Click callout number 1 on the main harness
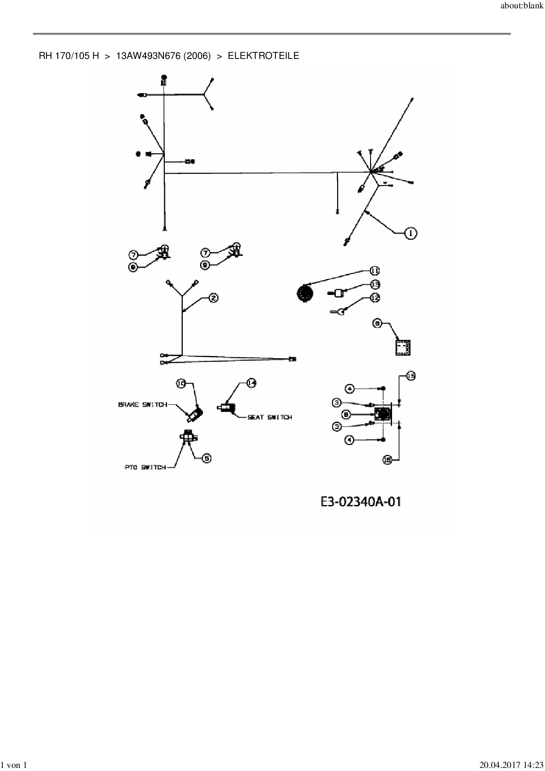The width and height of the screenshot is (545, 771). pyautogui.click(x=411, y=233)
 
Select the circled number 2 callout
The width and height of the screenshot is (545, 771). pyautogui.click(x=213, y=298)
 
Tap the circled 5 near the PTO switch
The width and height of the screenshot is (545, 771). pyautogui.click(x=206, y=458)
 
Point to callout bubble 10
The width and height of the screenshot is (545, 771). pyautogui.click(x=181, y=383)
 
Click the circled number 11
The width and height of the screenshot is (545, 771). pyautogui.click(x=374, y=270)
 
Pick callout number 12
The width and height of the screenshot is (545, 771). pyautogui.click(x=374, y=298)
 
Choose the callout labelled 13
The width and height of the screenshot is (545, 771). pyautogui.click(x=374, y=284)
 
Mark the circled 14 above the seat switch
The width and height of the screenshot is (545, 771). pyautogui.click(x=251, y=383)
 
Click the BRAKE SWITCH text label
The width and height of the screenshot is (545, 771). pyautogui.click(x=142, y=404)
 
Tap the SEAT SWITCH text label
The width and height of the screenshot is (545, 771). pyautogui.click(x=269, y=417)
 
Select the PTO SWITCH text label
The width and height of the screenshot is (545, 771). pyautogui.click(x=145, y=467)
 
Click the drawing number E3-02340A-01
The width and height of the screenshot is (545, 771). pyautogui.click(x=361, y=502)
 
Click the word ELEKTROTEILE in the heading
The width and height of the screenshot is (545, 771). pyautogui.click(x=263, y=56)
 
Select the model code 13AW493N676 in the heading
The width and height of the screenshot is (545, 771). pyautogui.click(x=148, y=56)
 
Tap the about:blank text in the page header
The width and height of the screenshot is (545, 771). pyautogui.click(x=522, y=7)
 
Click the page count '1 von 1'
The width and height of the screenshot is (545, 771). pyautogui.click(x=14, y=765)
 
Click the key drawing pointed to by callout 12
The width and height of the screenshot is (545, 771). pyautogui.click(x=338, y=312)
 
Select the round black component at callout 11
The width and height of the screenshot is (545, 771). pyautogui.click(x=304, y=293)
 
